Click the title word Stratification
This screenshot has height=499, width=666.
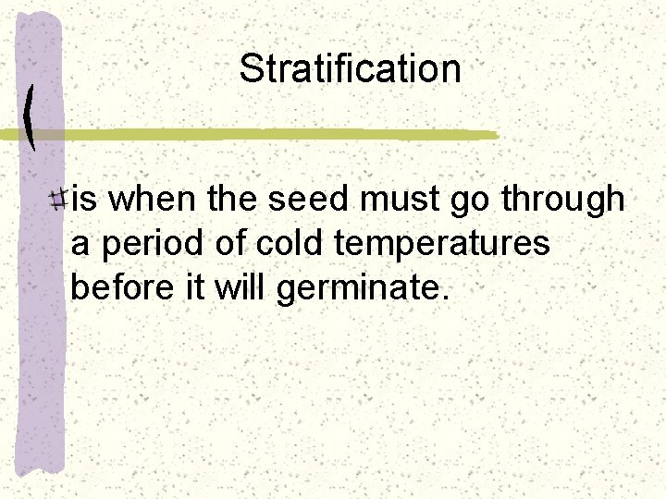350,69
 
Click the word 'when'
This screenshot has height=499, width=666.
156,200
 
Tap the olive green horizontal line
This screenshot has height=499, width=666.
277,135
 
